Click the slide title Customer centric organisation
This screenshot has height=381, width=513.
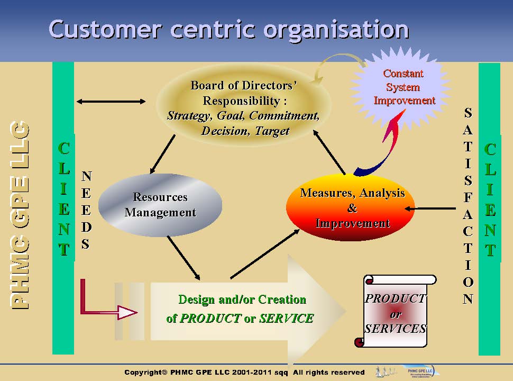228,29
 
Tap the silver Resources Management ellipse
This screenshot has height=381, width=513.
160,205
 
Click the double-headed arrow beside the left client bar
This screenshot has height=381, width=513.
111,101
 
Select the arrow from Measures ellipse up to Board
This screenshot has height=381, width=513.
331,153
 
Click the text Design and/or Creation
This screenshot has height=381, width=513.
242,300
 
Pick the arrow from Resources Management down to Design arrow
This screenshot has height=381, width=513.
184,258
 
